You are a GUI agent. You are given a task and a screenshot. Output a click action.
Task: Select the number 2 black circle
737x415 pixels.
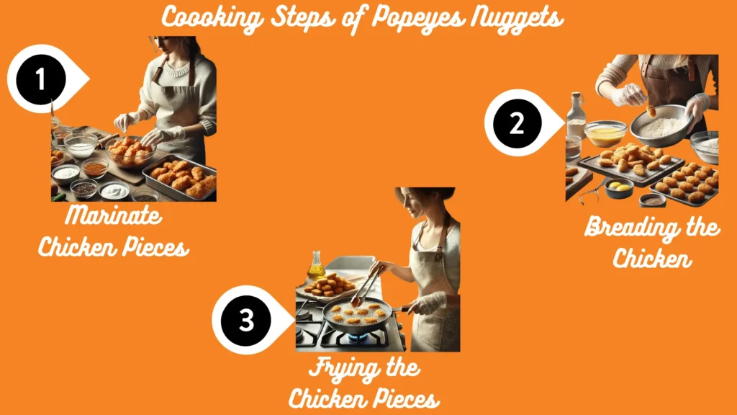pos(517,124)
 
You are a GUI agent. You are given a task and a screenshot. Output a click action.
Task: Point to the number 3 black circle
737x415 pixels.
pos(246,320)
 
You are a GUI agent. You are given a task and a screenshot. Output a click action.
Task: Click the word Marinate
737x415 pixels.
pos(113,216)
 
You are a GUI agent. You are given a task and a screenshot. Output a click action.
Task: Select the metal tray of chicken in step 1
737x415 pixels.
pos(180,177)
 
